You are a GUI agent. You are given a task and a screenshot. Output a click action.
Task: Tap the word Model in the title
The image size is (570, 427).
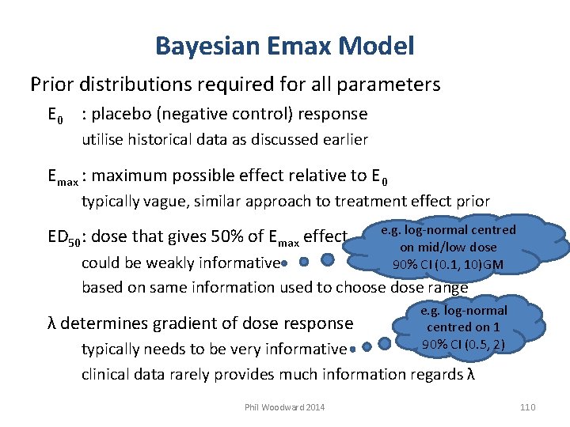(x=378, y=46)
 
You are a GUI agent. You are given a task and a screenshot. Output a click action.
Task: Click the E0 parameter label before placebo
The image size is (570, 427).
(x=55, y=115)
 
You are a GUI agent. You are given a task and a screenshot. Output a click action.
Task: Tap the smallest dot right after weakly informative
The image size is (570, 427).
(x=283, y=261)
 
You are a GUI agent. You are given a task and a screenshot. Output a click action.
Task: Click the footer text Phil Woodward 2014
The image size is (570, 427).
(x=284, y=407)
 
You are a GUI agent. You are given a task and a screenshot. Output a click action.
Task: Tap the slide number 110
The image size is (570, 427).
(x=527, y=407)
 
